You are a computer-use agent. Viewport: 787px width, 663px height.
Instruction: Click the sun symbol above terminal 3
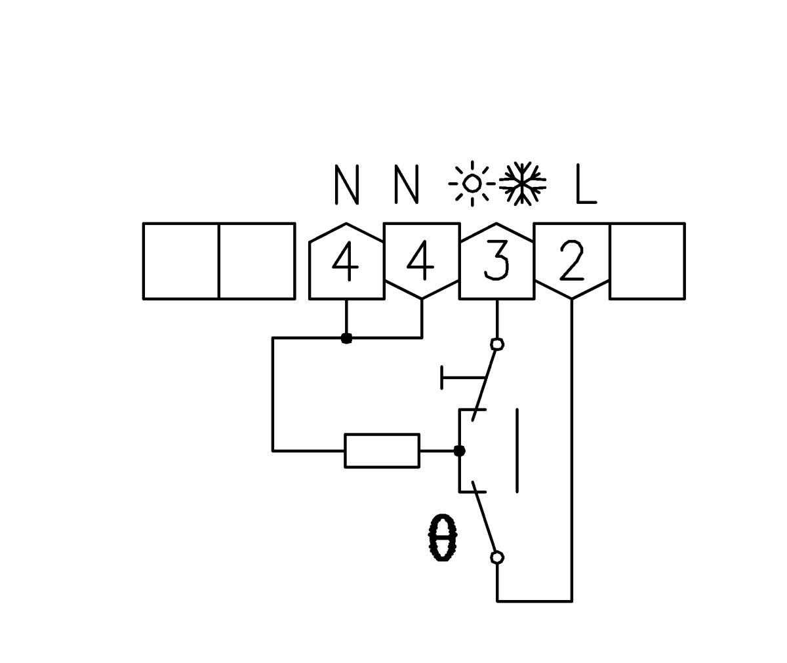pyautogui.click(x=472, y=183)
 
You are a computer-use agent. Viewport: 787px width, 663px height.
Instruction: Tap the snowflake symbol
pyautogui.click(x=522, y=183)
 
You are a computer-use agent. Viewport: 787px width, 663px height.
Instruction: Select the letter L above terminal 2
pyautogui.click(x=585, y=184)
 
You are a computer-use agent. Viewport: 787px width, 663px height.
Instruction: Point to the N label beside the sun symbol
pyautogui.click(x=406, y=184)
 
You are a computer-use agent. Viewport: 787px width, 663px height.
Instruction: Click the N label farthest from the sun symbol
pyautogui.click(x=346, y=184)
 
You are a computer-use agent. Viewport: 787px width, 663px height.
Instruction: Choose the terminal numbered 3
pyautogui.click(x=496, y=261)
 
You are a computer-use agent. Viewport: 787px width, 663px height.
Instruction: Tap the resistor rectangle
pyautogui.click(x=382, y=451)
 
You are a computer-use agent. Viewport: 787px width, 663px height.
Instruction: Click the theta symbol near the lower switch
pyautogui.click(x=442, y=538)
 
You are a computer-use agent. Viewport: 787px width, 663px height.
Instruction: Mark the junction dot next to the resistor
pyautogui.click(x=460, y=451)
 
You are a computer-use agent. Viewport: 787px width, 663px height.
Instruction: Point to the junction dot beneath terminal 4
pyautogui.click(x=346, y=338)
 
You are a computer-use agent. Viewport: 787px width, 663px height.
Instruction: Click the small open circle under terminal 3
pyautogui.click(x=497, y=344)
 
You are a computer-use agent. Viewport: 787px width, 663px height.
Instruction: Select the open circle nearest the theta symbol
pyautogui.click(x=497, y=557)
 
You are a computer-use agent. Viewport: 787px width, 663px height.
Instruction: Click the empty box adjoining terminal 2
pyautogui.click(x=647, y=261)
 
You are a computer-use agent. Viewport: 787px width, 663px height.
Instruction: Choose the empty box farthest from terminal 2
pyautogui.click(x=181, y=261)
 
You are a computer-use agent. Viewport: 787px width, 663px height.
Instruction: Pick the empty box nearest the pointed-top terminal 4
pyautogui.click(x=256, y=261)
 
